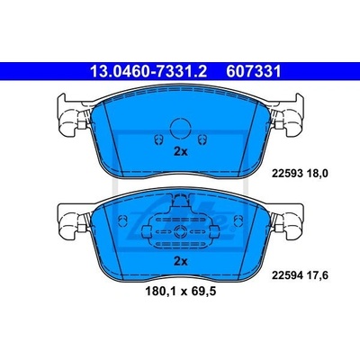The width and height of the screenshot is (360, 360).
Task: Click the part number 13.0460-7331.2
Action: click(148, 72)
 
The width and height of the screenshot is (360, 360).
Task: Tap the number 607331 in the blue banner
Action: click(254, 72)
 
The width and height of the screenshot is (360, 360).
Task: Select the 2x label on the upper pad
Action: click(181, 152)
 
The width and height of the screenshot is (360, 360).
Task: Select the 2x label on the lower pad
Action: click(181, 262)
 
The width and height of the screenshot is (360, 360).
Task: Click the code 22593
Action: click(286, 174)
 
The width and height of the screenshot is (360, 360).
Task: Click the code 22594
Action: click(286, 275)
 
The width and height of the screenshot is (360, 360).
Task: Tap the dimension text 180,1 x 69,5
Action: click(181, 291)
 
